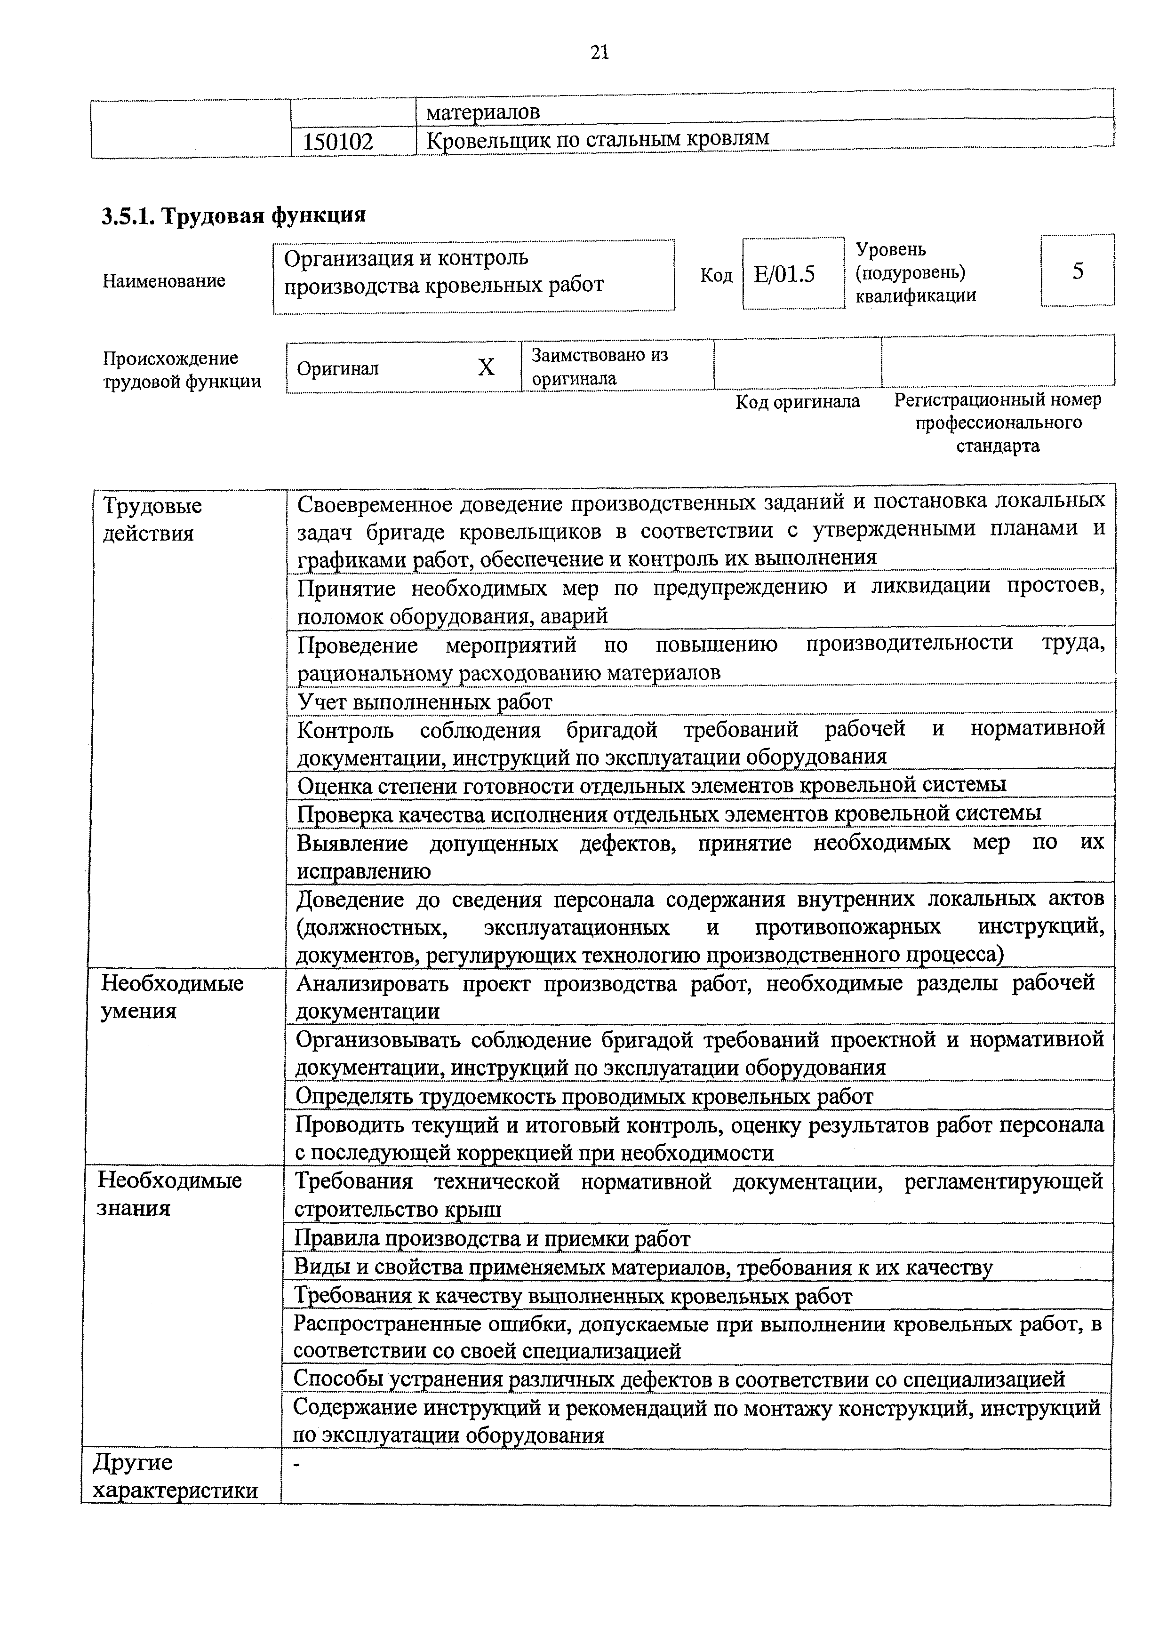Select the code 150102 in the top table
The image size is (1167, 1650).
pos(338,142)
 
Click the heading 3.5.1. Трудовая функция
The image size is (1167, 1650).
pos(233,215)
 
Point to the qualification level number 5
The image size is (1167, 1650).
pos(1077,271)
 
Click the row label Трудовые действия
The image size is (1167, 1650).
pos(152,519)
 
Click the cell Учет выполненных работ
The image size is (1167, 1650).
pos(425,701)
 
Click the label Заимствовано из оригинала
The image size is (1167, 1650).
pos(599,367)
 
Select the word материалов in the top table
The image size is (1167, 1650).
pos(482,112)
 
